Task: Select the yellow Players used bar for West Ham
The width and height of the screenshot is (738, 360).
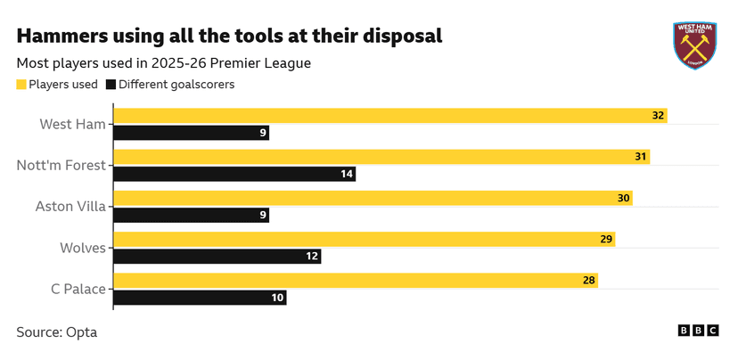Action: click(x=390, y=116)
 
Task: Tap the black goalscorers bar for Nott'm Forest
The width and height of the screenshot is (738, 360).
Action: click(x=235, y=174)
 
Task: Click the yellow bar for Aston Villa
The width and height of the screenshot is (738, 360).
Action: click(x=373, y=198)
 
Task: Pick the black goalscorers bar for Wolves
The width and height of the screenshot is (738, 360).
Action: click(x=217, y=256)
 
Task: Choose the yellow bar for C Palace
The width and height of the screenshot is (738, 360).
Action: click(x=356, y=280)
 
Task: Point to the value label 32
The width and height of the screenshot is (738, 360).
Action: click(x=658, y=116)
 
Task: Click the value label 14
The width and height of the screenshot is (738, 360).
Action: click(x=347, y=174)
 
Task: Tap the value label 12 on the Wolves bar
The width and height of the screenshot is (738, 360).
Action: click(x=312, y=256)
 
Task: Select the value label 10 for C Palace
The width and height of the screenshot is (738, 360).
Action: click(x=277, y=298)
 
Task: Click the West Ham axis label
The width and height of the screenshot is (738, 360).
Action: click(x=73, y=124)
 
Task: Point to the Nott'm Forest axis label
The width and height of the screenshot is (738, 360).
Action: click(x=61, y=165)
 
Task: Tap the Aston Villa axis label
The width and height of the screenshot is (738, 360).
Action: click(x=70, y=207)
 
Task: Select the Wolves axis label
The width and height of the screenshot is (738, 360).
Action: click(x=83, y=248)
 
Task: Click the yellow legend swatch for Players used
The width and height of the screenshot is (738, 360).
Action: click(x=21, y=85)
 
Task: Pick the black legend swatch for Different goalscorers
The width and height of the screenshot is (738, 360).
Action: click(x=111, y=85)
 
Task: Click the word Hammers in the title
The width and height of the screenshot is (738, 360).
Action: click(x=63, y=37)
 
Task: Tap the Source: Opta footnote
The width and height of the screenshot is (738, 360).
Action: click(x=56, y=332)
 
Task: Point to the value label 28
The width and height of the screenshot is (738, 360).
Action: click(x=588, y=280)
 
